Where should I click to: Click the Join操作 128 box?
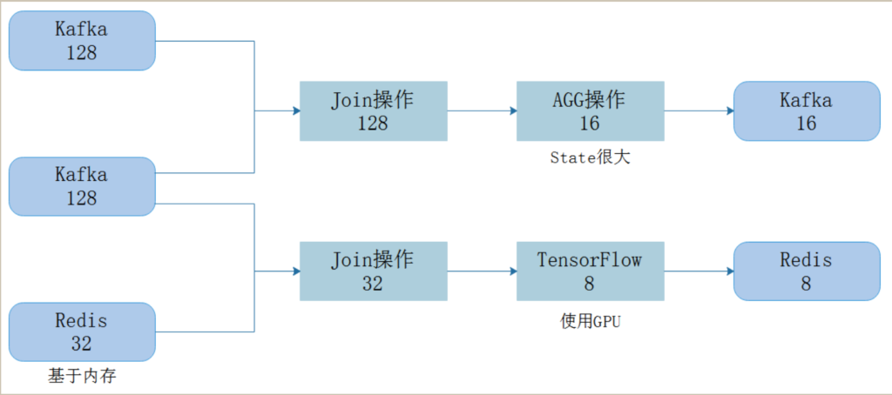coord(373,110)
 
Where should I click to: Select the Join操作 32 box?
coord(373,271)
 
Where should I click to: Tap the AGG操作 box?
coord(590,110)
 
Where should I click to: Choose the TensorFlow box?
coord(590,271)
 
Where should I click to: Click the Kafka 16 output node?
coord(807,110)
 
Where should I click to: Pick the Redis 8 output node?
coord(807,271)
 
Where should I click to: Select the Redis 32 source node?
coord(82,331)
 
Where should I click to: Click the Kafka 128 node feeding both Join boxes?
coord(82,186)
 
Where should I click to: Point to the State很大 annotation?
coord(590,158)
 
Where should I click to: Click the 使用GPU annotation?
coord(590,321)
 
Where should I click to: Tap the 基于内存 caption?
coord(82,376)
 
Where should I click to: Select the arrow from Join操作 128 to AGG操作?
coord(482,110)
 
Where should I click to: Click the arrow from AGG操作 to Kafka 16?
coord(699,110)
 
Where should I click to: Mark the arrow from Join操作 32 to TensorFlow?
coord(482,271)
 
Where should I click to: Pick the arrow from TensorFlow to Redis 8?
coord(699,271)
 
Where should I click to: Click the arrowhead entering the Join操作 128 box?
coord(296,110)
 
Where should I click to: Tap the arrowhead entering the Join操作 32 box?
coord(296,271)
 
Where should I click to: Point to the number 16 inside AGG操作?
coord(590,124)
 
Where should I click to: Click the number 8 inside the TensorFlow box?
coord(590,284)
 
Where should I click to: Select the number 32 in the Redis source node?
coord(82,344)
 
